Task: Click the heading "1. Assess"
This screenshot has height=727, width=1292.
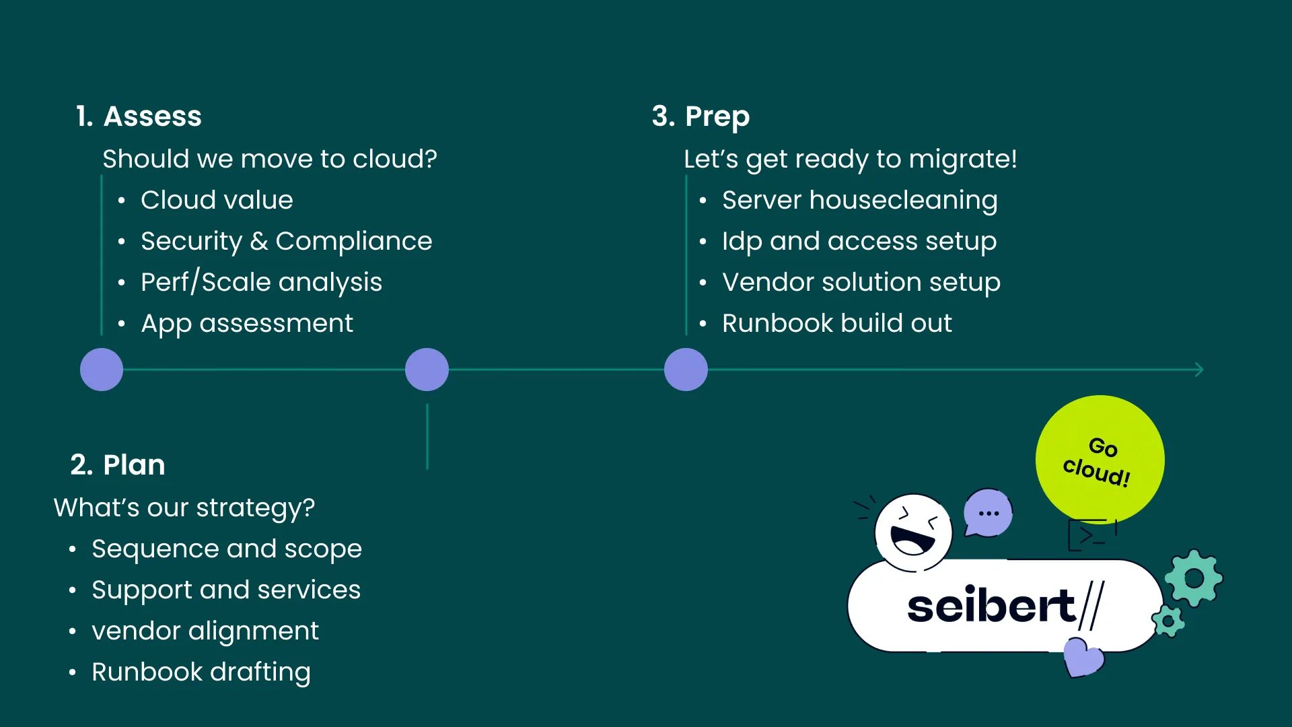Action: click(x=139, y=116)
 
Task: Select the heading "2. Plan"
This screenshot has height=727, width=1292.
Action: click(x=118, y=464)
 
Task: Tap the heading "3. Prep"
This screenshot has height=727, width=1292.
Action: click(x=701, y=116)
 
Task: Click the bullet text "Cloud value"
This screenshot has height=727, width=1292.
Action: click(x=217, y=200)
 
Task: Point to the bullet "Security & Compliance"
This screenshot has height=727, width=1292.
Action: click(x=286, y=241)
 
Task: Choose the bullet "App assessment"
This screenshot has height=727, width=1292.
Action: click(x=246, y=323)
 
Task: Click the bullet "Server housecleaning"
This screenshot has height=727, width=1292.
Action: click(x=859, y=200)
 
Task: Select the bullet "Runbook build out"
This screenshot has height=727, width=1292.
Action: click(x=836, y=323)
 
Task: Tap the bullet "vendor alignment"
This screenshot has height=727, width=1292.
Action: click(x=205, y=631)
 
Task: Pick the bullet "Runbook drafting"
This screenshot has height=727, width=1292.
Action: click(x=201, y=672)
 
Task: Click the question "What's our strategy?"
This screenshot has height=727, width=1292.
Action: click(x=184, y=508)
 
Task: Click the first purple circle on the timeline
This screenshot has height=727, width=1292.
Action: click(x=102, y=370)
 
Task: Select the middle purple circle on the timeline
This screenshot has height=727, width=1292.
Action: click(x=427, y=370)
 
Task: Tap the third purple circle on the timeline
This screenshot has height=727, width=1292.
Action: click(x=686, y=370)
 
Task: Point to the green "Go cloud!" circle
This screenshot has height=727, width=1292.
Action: click(x=1100, y=459)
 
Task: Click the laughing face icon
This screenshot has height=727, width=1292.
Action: click(x=913, y=532)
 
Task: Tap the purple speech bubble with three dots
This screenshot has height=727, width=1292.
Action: click(x=988, y=512)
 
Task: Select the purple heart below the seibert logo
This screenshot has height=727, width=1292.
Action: click(x=1083, y=657)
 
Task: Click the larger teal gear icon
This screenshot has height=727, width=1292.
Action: click(x=1194, y=578)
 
